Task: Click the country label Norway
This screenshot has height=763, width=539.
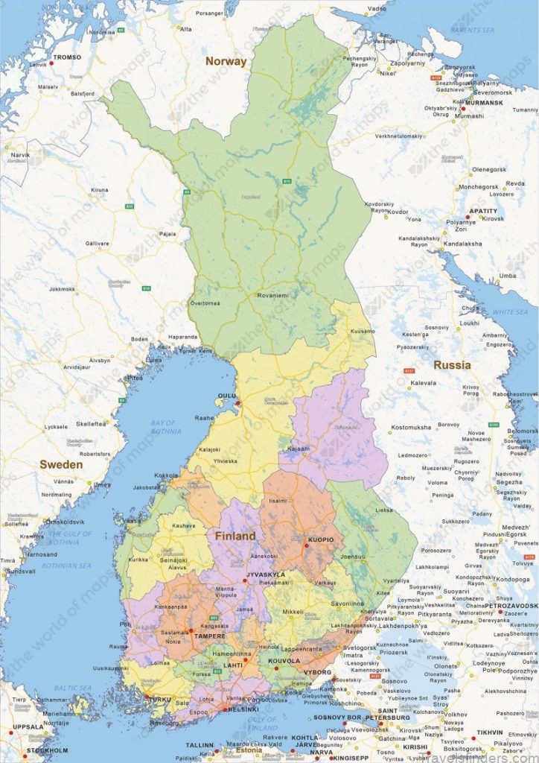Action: click(226, 61)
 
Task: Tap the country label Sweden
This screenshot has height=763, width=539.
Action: click(61, 463)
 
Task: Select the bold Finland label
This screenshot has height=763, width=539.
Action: click(235, 536)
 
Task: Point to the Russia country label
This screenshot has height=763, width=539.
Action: click(453, 365)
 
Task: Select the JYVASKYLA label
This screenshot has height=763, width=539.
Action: click(266, 574)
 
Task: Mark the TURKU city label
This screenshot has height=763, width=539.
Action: click(159, 700)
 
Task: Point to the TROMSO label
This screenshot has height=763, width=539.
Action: click(68, 57)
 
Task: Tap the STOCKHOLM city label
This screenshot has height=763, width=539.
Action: click(44, 750)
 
